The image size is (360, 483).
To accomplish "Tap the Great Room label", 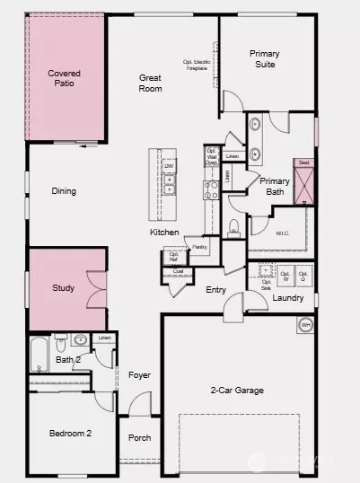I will coord(150,83).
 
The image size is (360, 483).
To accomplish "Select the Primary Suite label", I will coord(264,59).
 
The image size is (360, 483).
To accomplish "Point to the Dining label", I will coord(64,191).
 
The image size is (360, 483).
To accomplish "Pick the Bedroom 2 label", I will coord(70,434).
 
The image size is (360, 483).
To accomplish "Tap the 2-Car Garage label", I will coord(238,391).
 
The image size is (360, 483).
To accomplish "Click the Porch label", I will coord(139,438).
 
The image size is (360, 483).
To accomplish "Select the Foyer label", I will coord(139,375).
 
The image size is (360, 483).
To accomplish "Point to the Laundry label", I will coord(288,298).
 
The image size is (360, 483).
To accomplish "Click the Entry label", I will coord(215,290).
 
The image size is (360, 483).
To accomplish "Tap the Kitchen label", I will coord(164,233).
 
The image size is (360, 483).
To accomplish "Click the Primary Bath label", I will coord(274,186).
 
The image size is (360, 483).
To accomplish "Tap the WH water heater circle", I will coord(305,325).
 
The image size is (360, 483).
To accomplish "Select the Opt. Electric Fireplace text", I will coord(200,66).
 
